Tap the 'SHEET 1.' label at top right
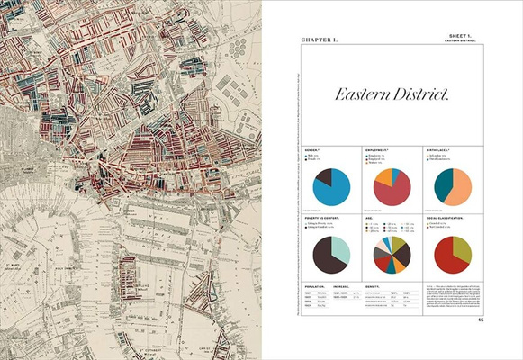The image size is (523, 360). (x=459, y=34)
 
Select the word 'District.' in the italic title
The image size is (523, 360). (x=426, y=94)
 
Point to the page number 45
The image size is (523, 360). (x=481, y=319)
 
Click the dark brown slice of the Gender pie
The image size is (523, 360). (x=323, y=176)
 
